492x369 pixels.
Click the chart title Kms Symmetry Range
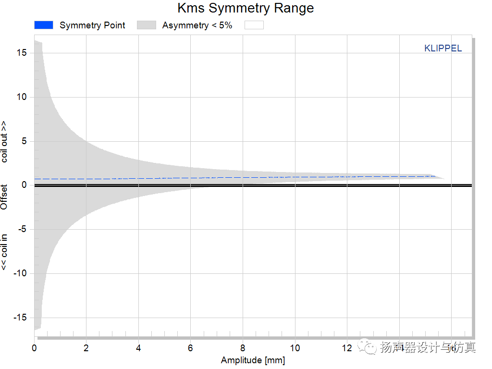[x=246, y=8]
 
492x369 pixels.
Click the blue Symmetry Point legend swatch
[x=43, y=25]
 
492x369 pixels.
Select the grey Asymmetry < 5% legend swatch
[x=147, y=25]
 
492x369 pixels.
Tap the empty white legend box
[x=254, y=25]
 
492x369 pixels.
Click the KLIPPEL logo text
[x=443, y=49]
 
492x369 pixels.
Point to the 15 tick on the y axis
[x=22, y=53]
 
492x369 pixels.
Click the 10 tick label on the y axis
[x=22, y=97]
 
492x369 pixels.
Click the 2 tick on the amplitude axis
[x=86, y=348]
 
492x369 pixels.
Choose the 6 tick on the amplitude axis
[x=191, y=348]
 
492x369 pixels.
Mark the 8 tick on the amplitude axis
[x=243, y=348]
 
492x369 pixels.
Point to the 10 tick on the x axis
[x=295, y=348]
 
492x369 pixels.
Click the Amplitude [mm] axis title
[x=253, y=360]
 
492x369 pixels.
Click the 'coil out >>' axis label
[x=4, y=142]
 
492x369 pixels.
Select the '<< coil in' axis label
[x=4, y=251]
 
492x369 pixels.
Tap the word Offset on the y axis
[x=4, y=197]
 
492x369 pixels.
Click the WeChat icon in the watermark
[x=370, y=347]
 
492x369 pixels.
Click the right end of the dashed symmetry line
[x=434, y=176]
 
